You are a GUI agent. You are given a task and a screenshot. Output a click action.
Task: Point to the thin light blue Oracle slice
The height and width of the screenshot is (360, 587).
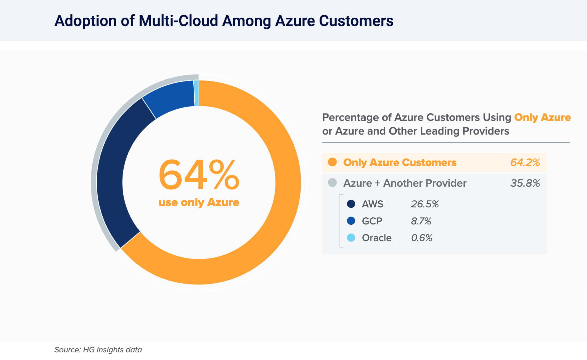point(197,93)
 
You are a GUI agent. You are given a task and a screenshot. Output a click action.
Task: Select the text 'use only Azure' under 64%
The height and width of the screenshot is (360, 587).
point(199,202)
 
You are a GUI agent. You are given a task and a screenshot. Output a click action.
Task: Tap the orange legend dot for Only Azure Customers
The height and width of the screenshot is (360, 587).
point(332,162)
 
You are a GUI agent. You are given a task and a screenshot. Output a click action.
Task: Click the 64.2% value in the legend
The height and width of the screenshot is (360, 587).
point(525,162)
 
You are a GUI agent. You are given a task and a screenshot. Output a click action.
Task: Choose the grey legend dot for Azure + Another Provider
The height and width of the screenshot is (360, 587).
point(332,183)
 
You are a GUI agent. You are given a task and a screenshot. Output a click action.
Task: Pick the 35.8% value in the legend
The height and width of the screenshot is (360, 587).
point(525,183)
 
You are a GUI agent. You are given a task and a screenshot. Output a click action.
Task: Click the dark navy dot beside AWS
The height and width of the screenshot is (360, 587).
point(351,204)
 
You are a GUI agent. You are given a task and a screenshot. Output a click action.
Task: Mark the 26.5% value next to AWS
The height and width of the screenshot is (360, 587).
point(425,204)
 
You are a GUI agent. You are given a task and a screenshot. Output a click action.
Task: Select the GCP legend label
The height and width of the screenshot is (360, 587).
point(372,221)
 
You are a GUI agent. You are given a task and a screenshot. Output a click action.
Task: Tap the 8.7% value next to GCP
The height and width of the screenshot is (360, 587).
point(421,221)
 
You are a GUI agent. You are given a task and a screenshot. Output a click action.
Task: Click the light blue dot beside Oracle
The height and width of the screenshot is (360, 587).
point(351,238)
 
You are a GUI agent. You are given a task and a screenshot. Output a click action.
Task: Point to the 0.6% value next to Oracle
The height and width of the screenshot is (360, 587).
point(422,238)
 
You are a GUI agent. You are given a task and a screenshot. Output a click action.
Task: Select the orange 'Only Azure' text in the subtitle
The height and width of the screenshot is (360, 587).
point(542,117)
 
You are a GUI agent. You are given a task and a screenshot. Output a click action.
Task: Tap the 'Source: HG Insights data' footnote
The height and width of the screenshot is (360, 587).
point(98,350)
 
